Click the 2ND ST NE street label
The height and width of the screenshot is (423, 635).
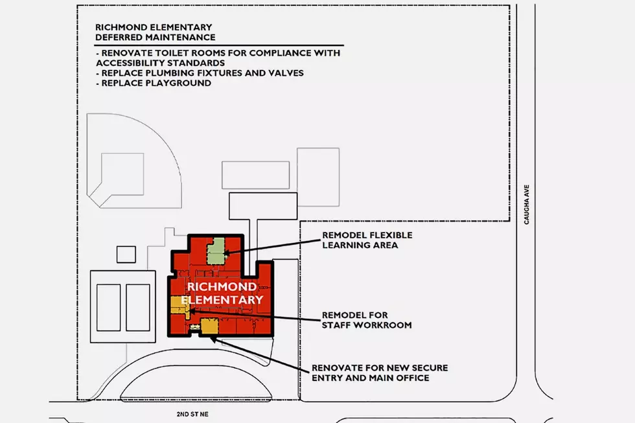tap(192, 414)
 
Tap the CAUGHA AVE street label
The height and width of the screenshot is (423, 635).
tap(526, 205)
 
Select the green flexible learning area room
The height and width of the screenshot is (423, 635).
tap(216, 251)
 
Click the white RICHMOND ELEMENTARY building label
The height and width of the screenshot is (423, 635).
tap(222, 293)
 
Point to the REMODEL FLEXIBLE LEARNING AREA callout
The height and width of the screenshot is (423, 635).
tap(367, 240)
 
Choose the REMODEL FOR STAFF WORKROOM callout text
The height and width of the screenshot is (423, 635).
tap(367, 320)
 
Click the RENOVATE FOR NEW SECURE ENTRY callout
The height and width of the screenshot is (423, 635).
tap(380, 373)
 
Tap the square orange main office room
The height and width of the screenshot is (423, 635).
tap(210, 326)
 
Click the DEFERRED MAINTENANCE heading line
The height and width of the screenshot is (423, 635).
tap(155, 37)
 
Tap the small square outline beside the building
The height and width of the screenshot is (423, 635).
tap(126, 255)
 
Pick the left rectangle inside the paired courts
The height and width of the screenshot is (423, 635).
tap(109, 308)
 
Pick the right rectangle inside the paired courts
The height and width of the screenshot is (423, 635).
tap(138, 308)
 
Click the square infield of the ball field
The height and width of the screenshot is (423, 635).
tap(122, 174)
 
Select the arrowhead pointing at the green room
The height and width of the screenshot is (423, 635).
tap(226, 253)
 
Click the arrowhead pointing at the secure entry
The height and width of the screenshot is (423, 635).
tap(213, 339)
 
